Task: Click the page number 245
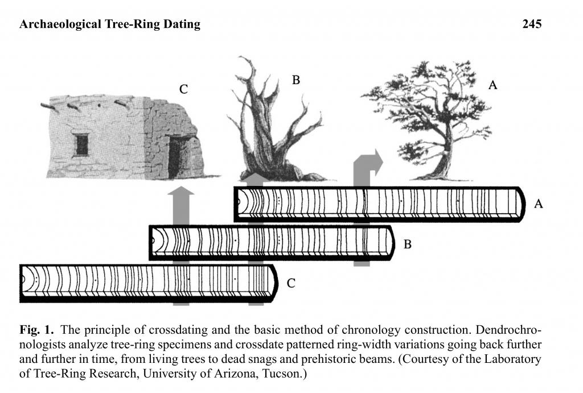pos(531,24)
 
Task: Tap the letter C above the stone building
pos(183,89)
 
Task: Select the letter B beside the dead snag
pos(295,80)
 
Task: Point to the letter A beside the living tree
pos(493,85)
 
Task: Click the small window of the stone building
pos(81,144)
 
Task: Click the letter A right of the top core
pos(538,204)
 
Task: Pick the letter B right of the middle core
pos(408,245)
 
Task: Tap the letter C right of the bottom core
pos(290,283)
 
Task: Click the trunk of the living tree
pos(446,154)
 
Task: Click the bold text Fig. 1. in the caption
pos(36,330)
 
